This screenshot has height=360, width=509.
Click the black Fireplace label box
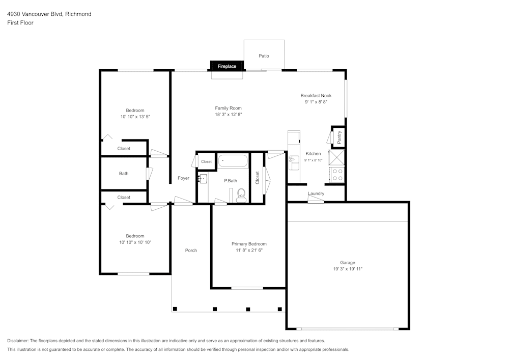tap(227, 66)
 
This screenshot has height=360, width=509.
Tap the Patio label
tap(264, 56)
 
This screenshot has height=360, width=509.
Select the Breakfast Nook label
tap(316, 96)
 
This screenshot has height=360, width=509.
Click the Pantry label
tap(339, 136)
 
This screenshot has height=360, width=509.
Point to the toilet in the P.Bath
tap(241, 195)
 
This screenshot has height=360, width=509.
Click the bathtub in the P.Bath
tap(233, 162)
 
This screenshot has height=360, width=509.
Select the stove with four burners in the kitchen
tap(337, 175)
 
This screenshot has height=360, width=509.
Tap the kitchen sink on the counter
tap(294, 162)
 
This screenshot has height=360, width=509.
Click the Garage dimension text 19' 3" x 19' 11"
tap(348, 269)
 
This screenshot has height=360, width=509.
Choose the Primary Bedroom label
tap(249, 244)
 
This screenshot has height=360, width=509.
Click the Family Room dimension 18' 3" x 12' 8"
tap(228, 115)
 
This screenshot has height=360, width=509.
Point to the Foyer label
tap(183, 178)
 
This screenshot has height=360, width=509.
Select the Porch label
tap(191, 251)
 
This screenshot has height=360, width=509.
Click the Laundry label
tap(316, 193)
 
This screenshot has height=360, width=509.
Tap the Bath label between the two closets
tap(124, 174)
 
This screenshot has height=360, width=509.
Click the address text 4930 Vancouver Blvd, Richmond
tap(49, 14)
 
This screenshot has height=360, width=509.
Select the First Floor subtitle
tap(20, 23)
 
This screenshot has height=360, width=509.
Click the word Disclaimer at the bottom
tap(18, 341)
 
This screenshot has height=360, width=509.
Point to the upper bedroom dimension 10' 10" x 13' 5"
tap(135, 117)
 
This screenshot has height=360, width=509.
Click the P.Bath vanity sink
tap(203, 178)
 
